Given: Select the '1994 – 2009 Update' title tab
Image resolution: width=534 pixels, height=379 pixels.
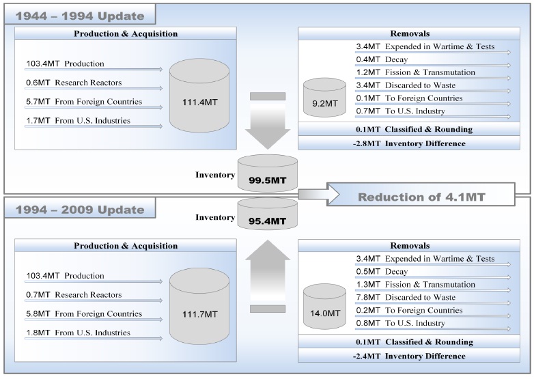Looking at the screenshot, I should tap(76, 209).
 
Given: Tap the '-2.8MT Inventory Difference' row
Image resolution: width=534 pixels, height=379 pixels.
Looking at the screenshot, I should tap(414, 143).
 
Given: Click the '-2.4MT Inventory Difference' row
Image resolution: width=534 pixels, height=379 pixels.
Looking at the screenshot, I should tap(414, 356).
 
